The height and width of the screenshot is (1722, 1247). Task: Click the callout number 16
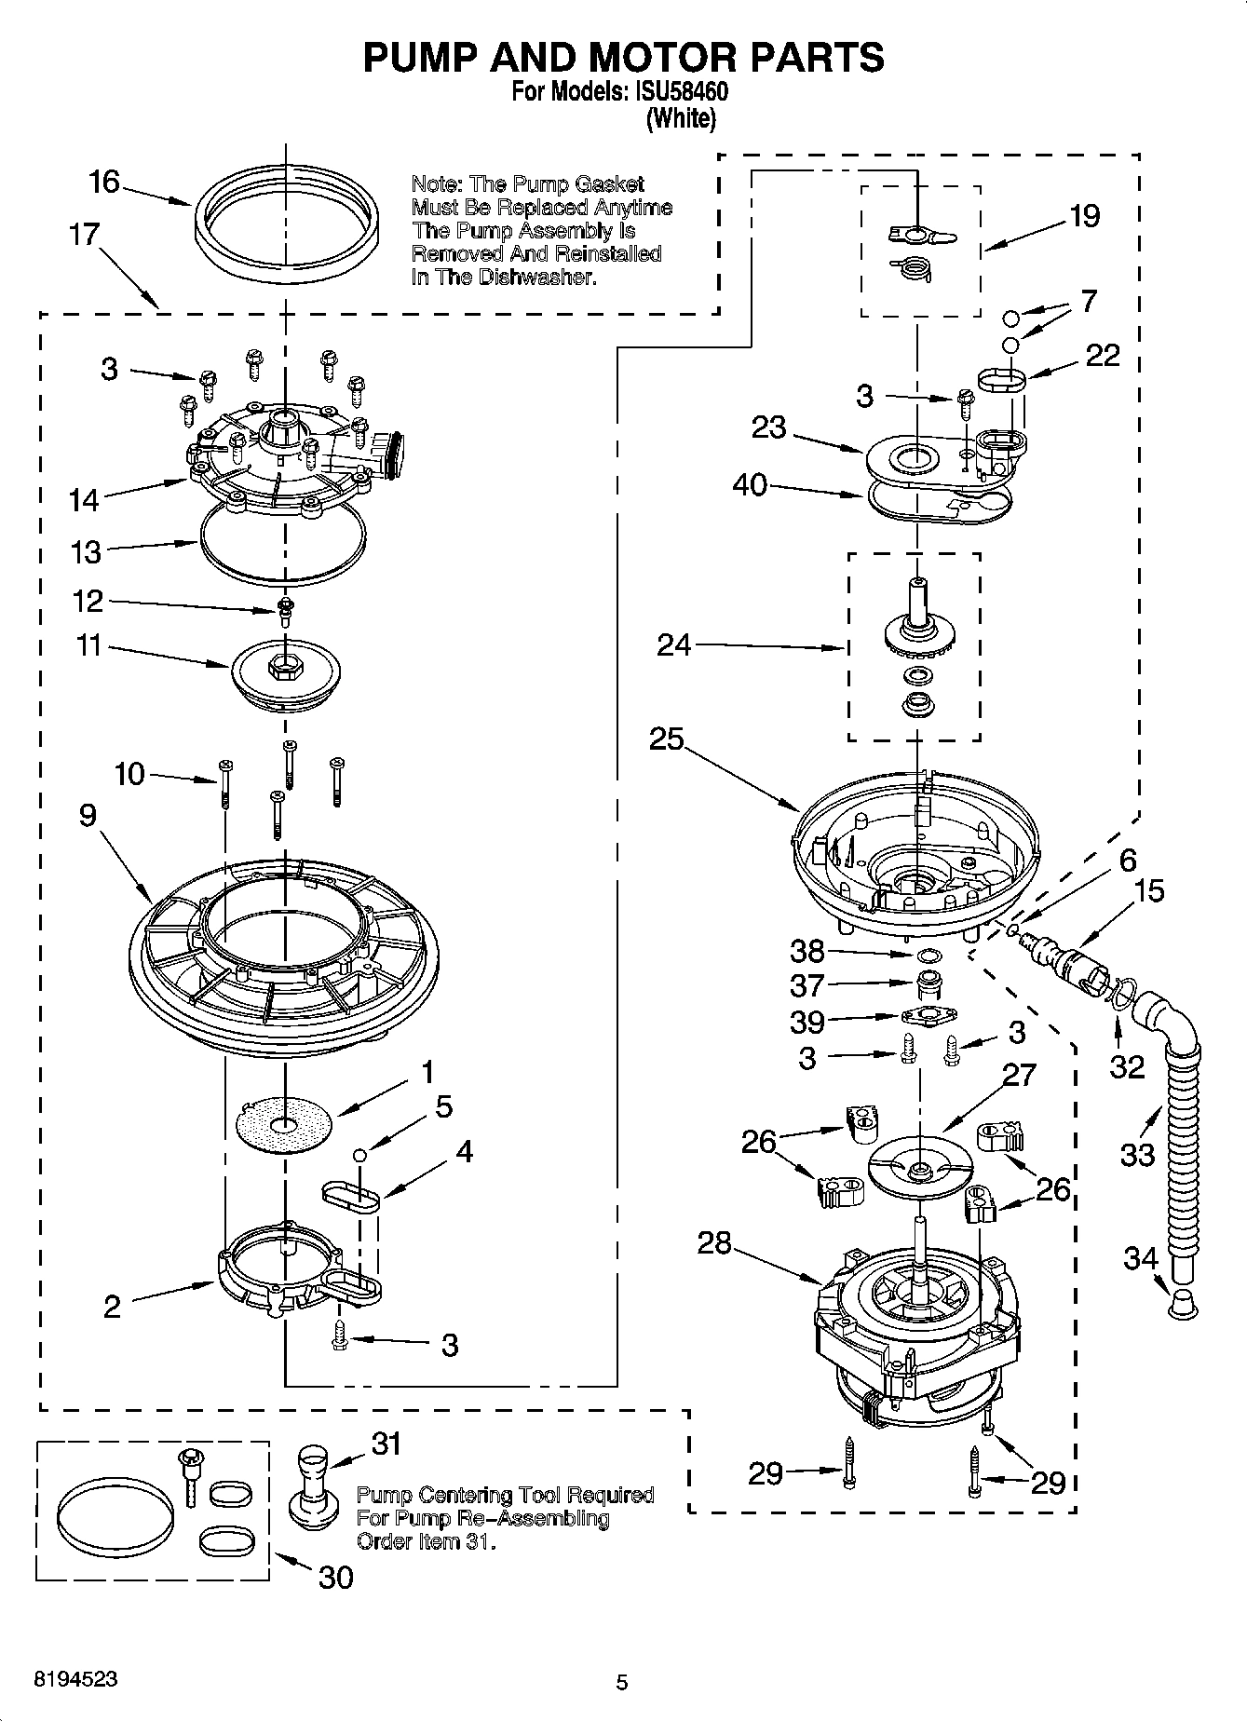104,181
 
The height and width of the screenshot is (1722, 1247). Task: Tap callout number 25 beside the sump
667,739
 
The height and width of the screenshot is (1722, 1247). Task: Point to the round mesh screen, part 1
284,1125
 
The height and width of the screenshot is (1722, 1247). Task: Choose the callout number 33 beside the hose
1137,1156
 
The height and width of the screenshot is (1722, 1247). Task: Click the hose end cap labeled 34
1181,1303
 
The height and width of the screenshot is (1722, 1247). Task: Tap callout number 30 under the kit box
336,1578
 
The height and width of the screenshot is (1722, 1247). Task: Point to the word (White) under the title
681,118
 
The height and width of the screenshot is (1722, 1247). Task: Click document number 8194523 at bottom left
75,1679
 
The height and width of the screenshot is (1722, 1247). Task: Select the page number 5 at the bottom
623,1682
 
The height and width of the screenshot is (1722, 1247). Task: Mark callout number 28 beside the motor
714,1242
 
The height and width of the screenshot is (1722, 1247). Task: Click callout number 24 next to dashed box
674,644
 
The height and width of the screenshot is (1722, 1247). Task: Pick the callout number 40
750,485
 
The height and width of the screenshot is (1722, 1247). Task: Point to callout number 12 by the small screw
88,601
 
